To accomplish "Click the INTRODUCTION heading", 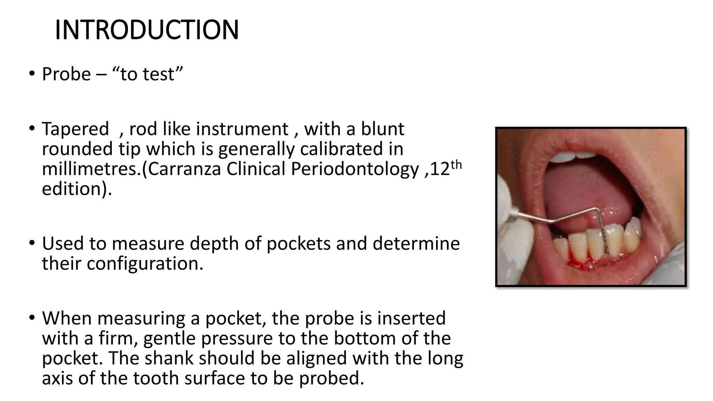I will [147, 30].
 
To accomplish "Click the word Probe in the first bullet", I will [66, 74].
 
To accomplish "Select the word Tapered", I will [75, 129].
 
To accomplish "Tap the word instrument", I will [242, 129].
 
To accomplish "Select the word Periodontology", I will [355, 169].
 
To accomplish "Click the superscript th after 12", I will [456, 165].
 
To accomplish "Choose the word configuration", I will [144, 264].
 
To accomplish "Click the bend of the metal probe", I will [596, 209].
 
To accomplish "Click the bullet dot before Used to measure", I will [32, 243].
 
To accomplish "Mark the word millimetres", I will [91, 169].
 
